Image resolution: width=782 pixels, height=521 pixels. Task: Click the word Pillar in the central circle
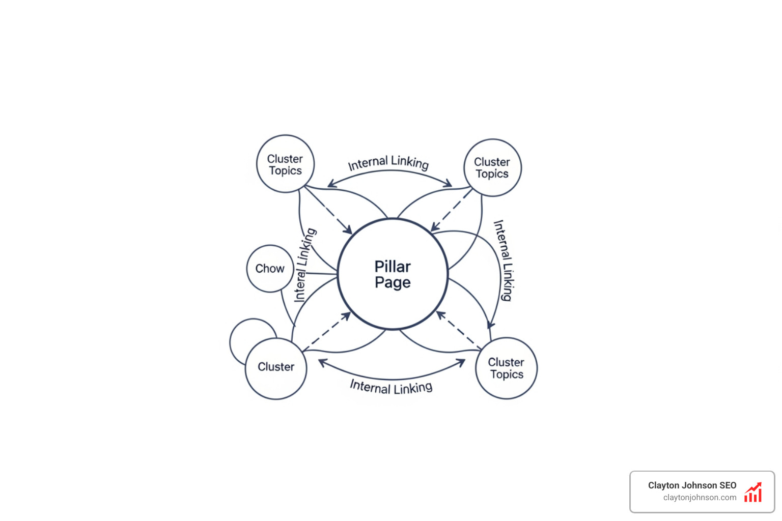click(393, 267)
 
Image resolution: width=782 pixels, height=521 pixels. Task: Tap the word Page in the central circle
click(393, 283)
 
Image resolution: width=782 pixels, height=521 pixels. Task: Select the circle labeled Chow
click(270, 269)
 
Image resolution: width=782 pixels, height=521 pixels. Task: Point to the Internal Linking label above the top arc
click(388, 163)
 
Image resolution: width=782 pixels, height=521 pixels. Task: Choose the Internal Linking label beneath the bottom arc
click(391, 387)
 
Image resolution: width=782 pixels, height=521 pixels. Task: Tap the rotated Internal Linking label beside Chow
click(305, 265)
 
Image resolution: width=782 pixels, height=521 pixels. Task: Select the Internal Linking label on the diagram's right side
click(503, 260)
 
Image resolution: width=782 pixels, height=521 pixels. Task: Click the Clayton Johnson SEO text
click(692, 485)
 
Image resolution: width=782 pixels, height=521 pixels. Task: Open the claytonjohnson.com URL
click(700, 498)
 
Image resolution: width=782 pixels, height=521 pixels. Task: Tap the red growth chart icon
click(753, 493)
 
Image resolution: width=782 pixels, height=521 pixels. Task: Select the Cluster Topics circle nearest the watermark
click(506, 368)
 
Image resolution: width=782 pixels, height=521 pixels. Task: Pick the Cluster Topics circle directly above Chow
click(285, 164)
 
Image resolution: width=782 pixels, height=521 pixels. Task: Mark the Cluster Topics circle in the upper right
click(492, 168)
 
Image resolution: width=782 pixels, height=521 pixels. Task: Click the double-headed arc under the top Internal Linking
click(389, 171)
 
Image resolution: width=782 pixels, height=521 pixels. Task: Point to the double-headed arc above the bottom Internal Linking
click(392, 378)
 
